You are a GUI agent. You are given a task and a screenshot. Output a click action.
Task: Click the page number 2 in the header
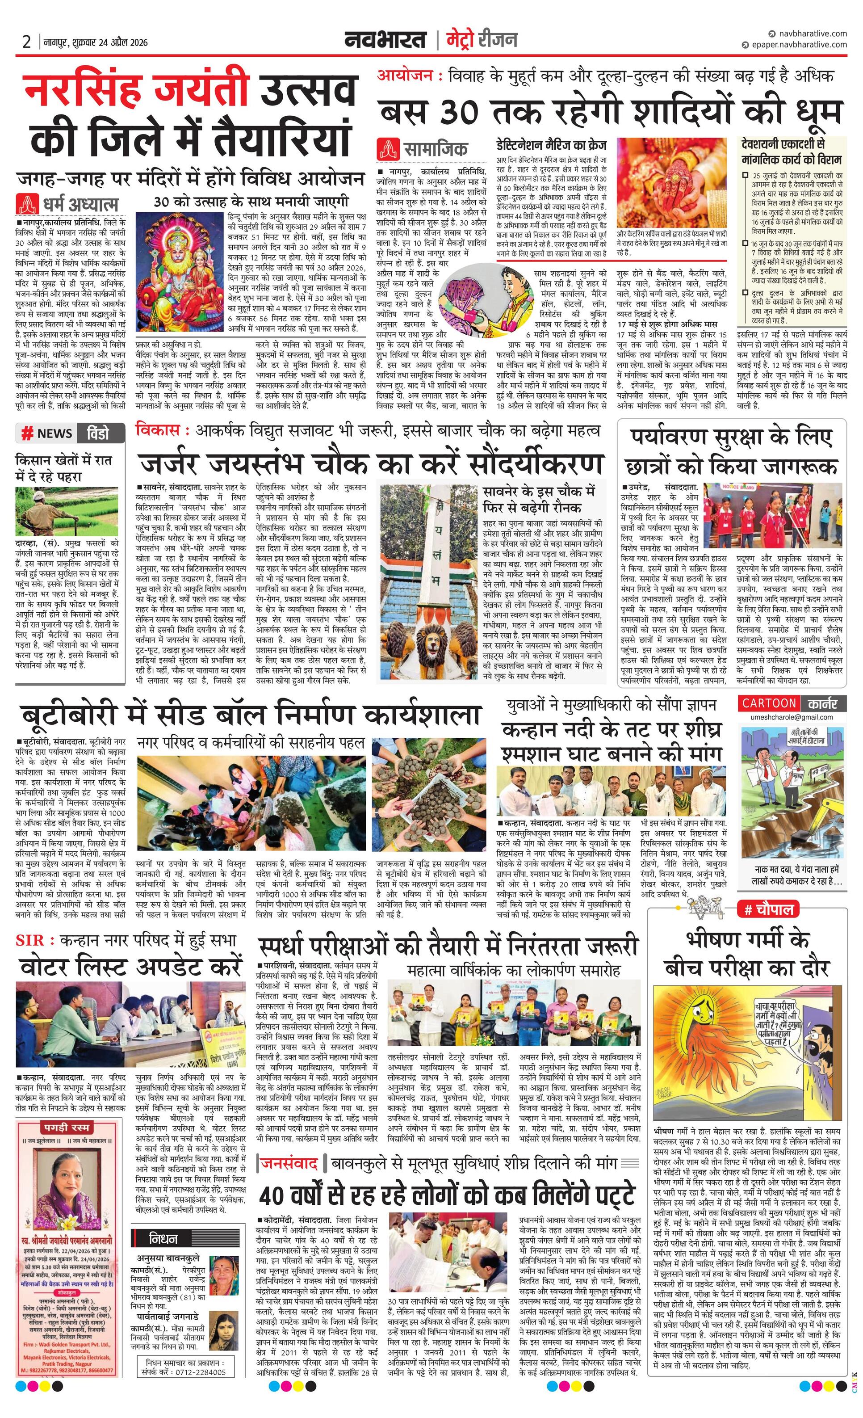coord(26,42)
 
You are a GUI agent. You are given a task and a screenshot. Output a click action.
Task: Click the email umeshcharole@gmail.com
coord(791,717)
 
